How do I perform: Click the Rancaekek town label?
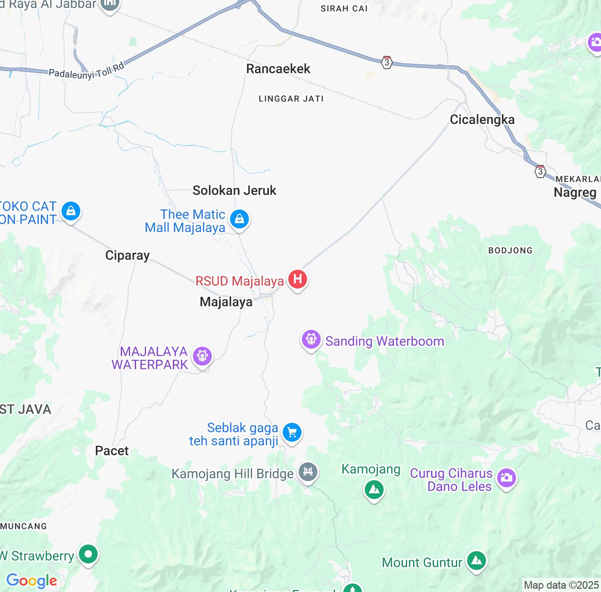278,69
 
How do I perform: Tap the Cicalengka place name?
482,119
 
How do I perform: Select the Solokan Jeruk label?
234,190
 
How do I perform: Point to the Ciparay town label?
127,255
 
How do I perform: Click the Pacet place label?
112,451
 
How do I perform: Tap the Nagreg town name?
575,193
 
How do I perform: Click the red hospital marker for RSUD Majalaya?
297,279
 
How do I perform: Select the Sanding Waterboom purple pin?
311,339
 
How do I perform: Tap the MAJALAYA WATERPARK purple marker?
202,356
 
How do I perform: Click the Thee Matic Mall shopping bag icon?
239,219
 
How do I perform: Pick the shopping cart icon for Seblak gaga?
292,432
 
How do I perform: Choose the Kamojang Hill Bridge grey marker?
308,472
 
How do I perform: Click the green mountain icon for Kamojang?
374,490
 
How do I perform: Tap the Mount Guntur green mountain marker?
477,561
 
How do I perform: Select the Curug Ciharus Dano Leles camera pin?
506,478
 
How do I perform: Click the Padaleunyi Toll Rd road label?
86,71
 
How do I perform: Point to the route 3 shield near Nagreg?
540,171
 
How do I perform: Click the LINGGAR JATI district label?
291,99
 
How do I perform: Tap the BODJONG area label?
510,250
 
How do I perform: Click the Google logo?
31,581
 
